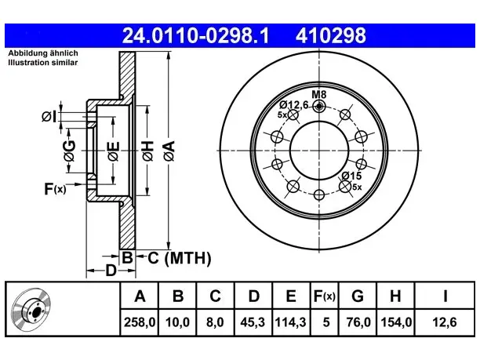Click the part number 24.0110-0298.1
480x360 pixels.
coord(195,35)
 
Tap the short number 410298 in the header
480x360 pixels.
coord(331,35)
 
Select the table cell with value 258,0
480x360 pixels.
coord(140,322)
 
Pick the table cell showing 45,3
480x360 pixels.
coord(253,322)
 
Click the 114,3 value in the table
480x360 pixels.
coord(291,322)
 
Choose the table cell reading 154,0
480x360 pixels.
coord(396,322)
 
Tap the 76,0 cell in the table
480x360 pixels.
coord(358,322)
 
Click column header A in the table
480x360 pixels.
coord(140,296)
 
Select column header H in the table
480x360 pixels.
coord(396,296)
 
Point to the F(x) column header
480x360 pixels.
coord(325,296)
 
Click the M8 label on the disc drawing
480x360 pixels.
coord(319,94)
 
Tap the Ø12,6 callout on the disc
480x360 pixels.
coord(293,105)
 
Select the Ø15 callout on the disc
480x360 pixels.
coord(351,176)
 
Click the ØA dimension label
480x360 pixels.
coord(169,151)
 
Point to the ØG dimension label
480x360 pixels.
coord(70,151)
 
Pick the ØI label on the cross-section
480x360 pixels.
coord(49,117)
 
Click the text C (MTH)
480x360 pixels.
coord(180,258)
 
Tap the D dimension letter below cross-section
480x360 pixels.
coord(111,271)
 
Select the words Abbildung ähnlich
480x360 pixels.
coord(43,53)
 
